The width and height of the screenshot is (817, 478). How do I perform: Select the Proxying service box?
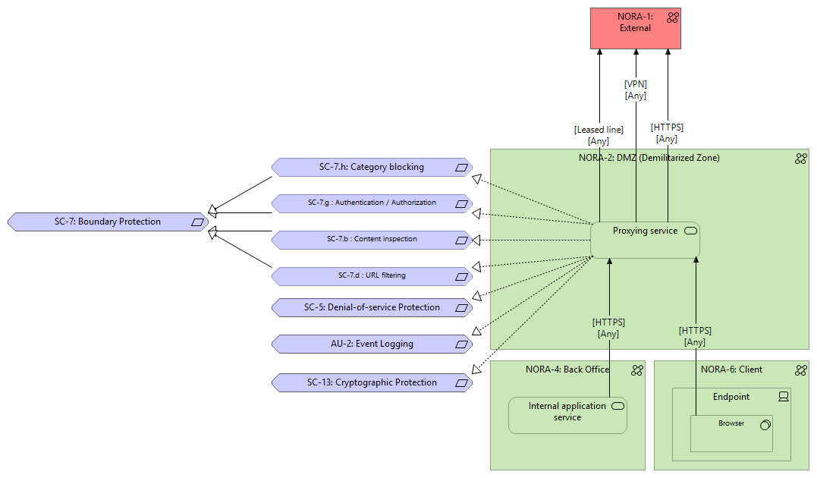point(645,241)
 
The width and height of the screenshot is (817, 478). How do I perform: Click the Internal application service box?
point(567,415)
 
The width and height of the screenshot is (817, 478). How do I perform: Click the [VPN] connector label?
point(636,84)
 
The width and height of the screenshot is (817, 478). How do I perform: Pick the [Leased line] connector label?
point(599,130)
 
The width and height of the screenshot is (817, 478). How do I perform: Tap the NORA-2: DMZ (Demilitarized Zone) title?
point(649,158)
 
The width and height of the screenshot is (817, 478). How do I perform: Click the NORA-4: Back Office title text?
point(567,370)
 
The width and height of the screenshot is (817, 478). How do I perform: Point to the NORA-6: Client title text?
point(731,370)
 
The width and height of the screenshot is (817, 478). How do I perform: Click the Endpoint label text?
point(731,396)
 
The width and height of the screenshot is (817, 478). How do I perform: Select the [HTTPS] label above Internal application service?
point(608,322)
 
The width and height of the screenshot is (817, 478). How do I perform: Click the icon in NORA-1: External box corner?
point(672,17)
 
